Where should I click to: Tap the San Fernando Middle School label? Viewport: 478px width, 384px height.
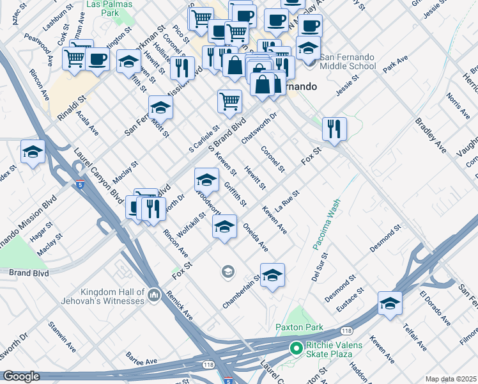(x=348, y=61)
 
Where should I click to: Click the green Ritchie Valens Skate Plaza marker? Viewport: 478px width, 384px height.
(x=295, y=349)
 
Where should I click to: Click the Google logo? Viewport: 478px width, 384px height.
(x=21, y=376)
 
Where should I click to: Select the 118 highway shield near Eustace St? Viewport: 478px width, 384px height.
(x=346, y=331)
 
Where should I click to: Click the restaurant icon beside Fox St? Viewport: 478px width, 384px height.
(x=334, y=129)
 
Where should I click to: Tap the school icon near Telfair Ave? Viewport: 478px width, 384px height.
(x=389, y=303)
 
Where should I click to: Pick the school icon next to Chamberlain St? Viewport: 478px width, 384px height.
(x=272, y=275)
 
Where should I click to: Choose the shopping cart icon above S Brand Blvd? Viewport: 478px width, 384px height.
(x=229, y=100)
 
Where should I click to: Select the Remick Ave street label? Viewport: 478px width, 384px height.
(x=180, y=307)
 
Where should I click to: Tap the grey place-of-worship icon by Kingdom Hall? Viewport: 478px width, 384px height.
(x=153, y=295)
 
